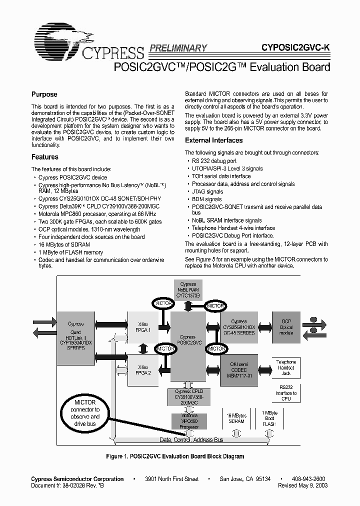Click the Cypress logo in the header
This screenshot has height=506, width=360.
coord(87,42)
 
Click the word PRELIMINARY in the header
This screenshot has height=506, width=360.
coord(177,48)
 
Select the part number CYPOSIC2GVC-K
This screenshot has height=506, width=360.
coord(295,48)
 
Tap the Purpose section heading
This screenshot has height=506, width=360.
coord(44,94)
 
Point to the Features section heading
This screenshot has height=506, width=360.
coord(45,157)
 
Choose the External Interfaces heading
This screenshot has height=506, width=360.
coord(213,140)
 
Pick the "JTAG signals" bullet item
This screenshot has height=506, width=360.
coord(207,191)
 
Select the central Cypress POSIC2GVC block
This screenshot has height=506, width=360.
coord(188,340)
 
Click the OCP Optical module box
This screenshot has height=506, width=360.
coord(286,327)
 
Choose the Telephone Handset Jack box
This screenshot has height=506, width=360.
coord(286,367)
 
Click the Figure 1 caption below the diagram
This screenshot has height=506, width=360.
coord(175,456)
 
